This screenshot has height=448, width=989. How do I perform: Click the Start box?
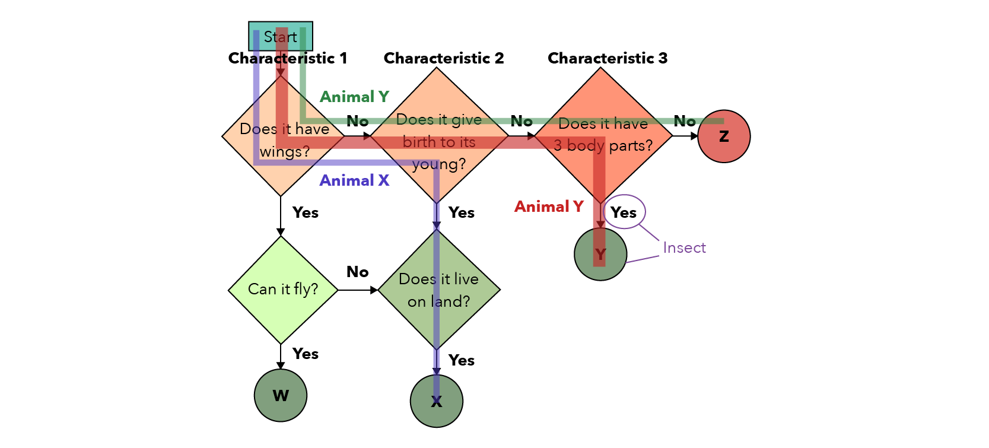coord(280,36)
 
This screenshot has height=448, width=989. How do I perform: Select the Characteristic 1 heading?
coord(288,58)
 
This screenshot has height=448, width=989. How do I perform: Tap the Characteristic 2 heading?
coord(444,58)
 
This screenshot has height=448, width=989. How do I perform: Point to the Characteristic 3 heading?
coord(608,58)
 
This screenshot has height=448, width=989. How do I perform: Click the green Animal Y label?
coord(354,97)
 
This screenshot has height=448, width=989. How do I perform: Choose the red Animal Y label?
coord(549,206)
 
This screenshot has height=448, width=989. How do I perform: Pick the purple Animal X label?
coord(354,180)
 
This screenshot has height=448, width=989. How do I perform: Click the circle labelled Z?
coord(724,136)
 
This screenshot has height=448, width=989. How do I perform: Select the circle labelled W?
coord(281,395)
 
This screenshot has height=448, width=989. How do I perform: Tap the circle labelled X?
coord(437,401)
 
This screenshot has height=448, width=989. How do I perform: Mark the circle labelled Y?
coord(600,255)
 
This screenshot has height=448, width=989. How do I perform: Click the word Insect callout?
coord(684,248)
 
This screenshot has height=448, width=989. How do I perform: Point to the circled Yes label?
coord(624,212)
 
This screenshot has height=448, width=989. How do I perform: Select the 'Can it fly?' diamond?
coord(283,290)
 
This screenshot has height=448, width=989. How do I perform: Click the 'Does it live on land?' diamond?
coord(438,290)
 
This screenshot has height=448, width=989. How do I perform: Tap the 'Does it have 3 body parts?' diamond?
coord(603,135)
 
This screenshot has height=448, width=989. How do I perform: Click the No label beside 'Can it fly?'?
coord(358,272)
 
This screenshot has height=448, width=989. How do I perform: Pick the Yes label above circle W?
coord(306,354)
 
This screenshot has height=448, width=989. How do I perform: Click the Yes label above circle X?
coord(462,360)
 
